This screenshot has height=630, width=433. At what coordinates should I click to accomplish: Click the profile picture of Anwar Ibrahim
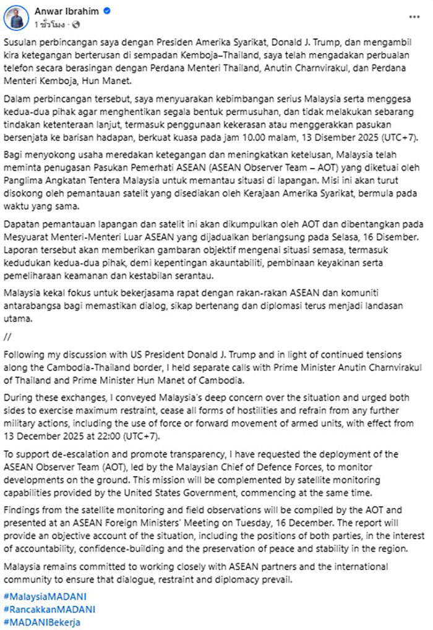coord(16,17)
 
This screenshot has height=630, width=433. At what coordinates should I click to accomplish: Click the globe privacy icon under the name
coord(76,24)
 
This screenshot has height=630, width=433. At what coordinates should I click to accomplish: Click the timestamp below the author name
coord(52,24)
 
